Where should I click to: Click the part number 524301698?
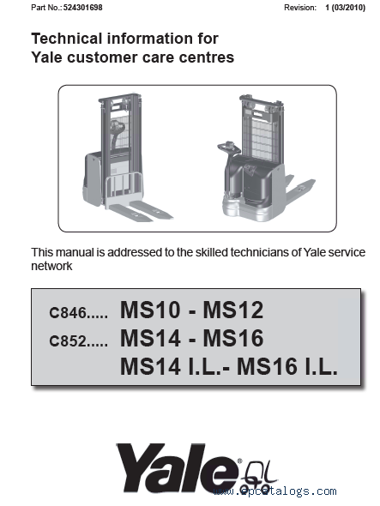pyautogui.click(x=82, y=8)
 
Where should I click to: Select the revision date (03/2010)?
pyautogui.click(x=348, y=8)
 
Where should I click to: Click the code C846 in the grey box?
pyautogui.click(x=68, y=312)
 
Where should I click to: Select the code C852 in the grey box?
pyautogui.click(x=68, y=340)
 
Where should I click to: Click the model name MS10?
pyautogui.click(x=150, y=310)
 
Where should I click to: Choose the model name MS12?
pyautogui.click(x=233, y=310)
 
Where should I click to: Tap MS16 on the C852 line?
pyautogui.click(x=233, y=338)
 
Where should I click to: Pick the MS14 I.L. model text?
pyautogui.click(x=172, y=366)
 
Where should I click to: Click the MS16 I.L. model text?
pyautogui.click(x=287, y=366)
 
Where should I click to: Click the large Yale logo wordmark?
pyautogui.click(x=179, y=467)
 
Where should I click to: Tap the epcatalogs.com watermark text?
pyautogui.click(x=274, y=491)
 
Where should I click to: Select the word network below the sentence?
pyautogui.click(x=51, y=266)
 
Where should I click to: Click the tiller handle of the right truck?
pyautogui.click(x=228, y=148)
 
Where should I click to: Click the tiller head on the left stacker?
pyautogui.click(x=116, y=127)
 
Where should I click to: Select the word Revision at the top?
pyautogui.click(x=300, y=8)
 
